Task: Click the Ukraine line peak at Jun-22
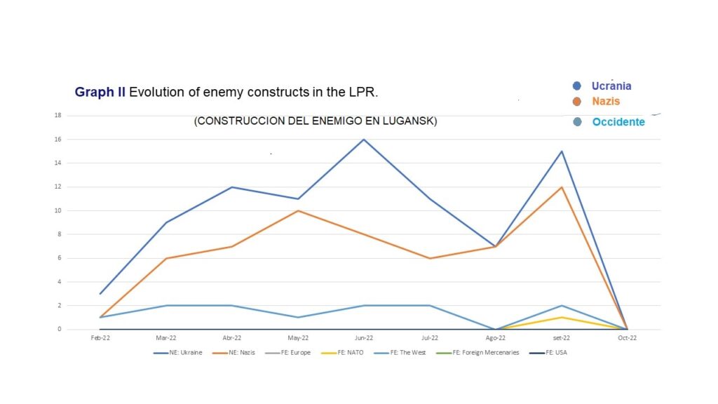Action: (363, 139)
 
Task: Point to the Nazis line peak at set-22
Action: (561, 187)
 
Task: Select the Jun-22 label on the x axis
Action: (363, 337)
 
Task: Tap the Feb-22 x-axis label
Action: (100, 337)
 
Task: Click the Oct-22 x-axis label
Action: (627, 337)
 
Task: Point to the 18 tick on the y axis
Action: (60, 115)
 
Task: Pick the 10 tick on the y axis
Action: (60, 210)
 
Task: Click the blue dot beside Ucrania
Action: (577, 86)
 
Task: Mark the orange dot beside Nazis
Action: (577, 102)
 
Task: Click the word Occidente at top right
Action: (618, 122)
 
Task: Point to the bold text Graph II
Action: (100, 92)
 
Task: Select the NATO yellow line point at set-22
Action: (561, 317)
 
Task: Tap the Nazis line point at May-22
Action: (297, 210)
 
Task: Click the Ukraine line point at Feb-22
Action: (100, 293)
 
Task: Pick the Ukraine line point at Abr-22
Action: (231, 187)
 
